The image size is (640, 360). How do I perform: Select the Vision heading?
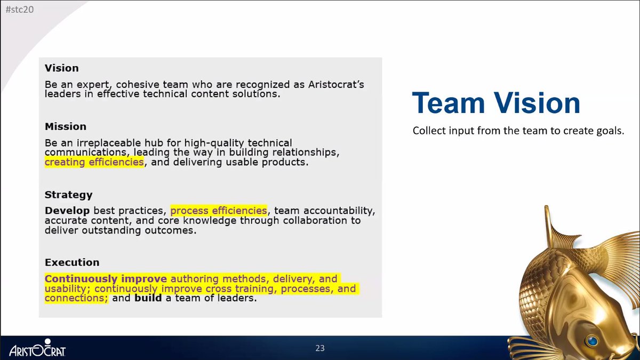tap(61, 68)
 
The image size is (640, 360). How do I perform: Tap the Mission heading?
tap(65, 126)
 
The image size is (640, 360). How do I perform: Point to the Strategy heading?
tap(68, 195)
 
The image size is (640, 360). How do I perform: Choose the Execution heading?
tap(72, 262)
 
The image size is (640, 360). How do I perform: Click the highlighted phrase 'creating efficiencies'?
tap(94, 162)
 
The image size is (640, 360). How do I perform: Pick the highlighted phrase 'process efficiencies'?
tap(219, 211)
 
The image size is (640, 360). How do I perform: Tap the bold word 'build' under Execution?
tap(148, 298)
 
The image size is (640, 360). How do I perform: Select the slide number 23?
tap(320, 348)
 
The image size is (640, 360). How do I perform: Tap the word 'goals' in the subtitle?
tap(611, 131)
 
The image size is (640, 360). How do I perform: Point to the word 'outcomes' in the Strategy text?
tap(172, 230)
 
